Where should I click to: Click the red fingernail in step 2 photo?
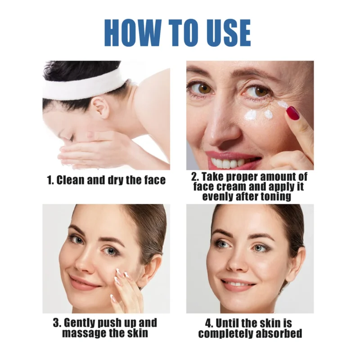click(293, 112)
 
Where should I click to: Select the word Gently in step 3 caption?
click(81, 323)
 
